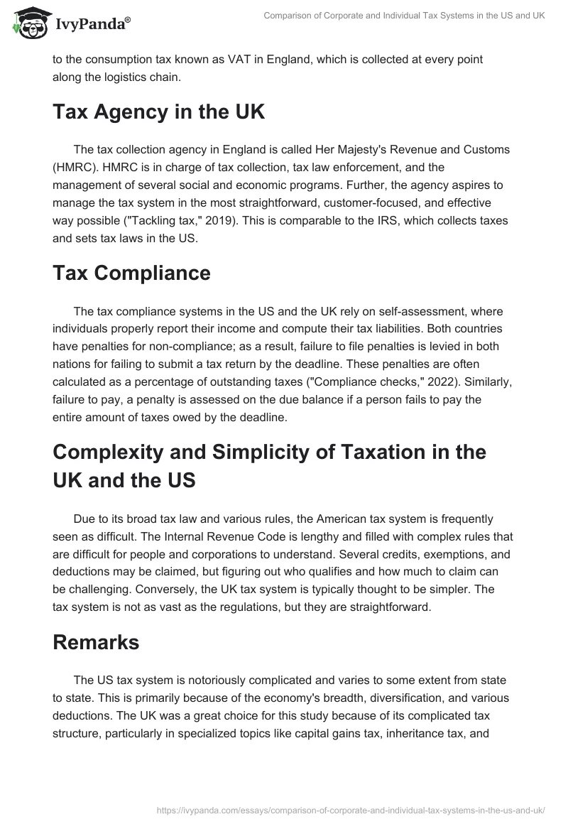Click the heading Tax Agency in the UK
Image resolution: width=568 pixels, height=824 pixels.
point(158,112)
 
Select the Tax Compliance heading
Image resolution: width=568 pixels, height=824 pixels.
point(131,273)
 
